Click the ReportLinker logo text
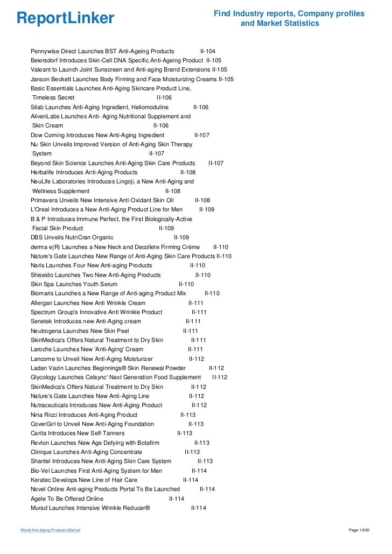tap(66, 19)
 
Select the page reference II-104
tap(208, 51)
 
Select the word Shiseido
tap(45, 275)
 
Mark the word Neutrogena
tap(49, 331)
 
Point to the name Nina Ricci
tap(44, 415)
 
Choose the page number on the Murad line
tap(199, 508)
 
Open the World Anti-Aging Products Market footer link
tap(50, 530)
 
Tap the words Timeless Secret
tap(53, 98)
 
